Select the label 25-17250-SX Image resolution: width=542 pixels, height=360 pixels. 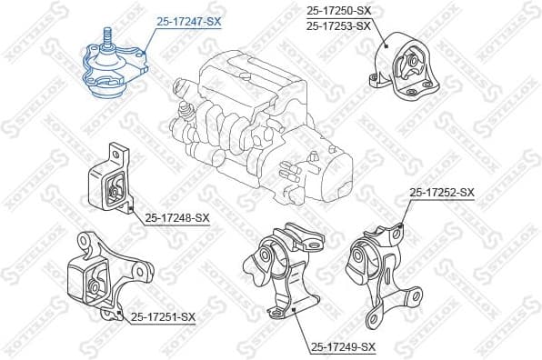[x=338, y=10]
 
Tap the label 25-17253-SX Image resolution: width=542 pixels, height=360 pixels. [x=338, y=25]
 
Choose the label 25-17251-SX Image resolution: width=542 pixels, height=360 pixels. [x=163, y=316]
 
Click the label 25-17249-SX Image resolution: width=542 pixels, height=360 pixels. [x=343, y=346]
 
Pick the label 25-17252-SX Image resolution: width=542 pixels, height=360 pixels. [x=442, y=192]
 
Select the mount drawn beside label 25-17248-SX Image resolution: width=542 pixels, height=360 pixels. [x=108, y=185]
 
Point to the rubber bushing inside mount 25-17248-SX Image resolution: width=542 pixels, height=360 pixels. [x=114, y=190]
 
